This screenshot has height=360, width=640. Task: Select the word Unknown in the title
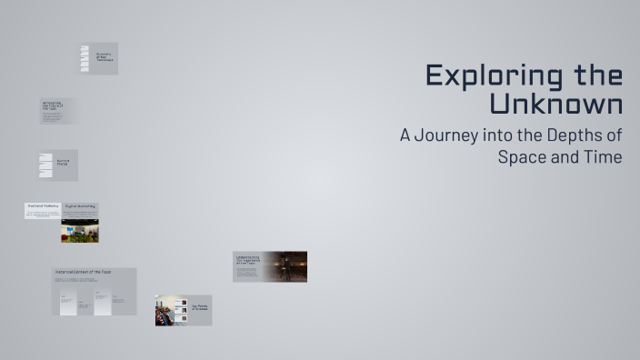coord(555,103)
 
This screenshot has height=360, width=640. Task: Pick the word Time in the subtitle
coord(604,156)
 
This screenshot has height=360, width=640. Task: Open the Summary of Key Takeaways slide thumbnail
coord(98,58)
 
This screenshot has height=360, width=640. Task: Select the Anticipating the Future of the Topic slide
coord(58,111)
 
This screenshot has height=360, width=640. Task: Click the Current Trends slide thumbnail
coord(58,165)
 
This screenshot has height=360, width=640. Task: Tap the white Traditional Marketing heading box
coord(43,207)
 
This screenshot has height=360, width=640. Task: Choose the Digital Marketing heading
coord(80,207)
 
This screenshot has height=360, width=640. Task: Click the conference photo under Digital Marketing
coord(80,231)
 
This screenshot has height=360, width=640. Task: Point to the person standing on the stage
coord(285,267)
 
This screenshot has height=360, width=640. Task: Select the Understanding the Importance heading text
coord(247,261)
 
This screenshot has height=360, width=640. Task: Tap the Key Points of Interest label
coord(199,307)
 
